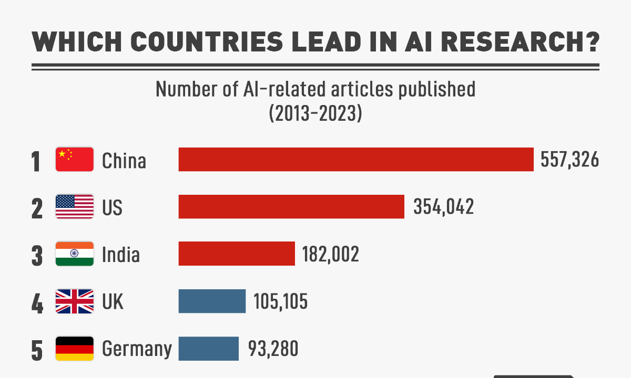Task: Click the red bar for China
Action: click(356, 160)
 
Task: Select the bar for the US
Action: click(291, 206)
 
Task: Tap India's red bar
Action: click(237, 254)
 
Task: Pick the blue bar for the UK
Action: click(212, 301)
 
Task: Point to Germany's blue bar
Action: click(209, 349)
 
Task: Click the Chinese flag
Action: click(75, 160)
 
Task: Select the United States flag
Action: click(75, 206)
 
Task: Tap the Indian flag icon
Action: click(75, 254)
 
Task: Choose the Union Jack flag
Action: click(75, 301)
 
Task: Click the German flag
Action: click(75, 349)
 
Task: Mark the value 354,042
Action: click(443, 206)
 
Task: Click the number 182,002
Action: click(330, 254)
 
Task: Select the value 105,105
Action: click(280, 301)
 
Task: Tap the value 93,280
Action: click(272, 349)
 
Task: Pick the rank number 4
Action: click(37, 304)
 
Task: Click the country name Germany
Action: click(137, 349)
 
